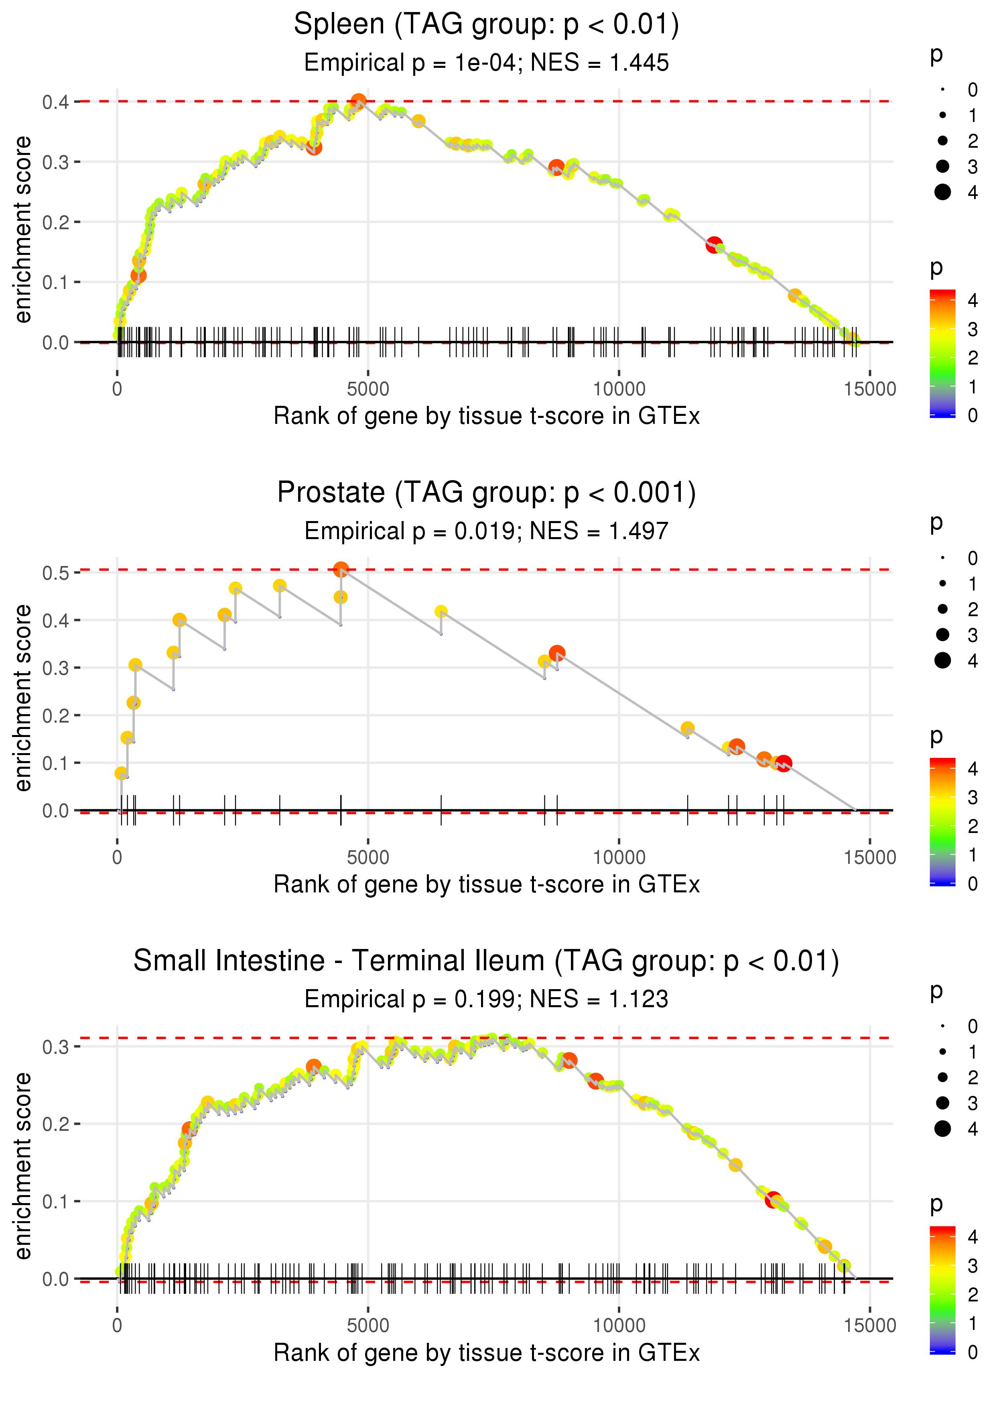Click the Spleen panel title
(486, 25)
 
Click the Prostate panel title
(486, 493)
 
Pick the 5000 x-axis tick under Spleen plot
(368, 389)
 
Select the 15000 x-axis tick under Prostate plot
(869, 857)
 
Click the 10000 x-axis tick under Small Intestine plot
(619, 1326)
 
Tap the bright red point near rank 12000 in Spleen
(715, 244)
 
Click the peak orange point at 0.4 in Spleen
(359, 101)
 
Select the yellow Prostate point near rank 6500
(441, 612)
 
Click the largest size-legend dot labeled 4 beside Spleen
(942, 192)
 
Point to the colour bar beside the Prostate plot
(942, 822)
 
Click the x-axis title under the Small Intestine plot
(486, 1353)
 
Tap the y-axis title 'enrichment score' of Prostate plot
(23, 698)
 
